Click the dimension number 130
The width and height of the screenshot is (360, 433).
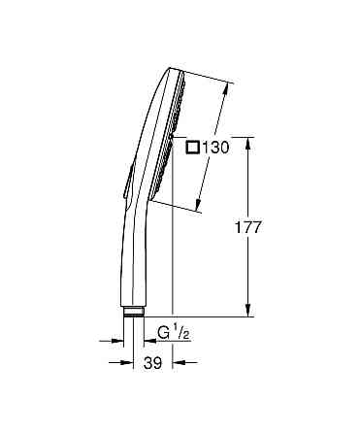pos(215,148)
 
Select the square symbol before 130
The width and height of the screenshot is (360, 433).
pos(192,148)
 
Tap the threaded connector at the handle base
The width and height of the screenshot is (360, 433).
pos(134,312)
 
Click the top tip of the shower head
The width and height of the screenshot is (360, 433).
pos(172,70)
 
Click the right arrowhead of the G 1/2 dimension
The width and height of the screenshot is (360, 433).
pos(147,340)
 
